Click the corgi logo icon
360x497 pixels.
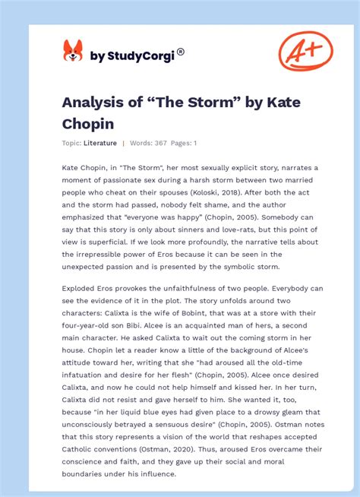tap(72, 51)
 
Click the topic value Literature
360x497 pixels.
tap(100, 143)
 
